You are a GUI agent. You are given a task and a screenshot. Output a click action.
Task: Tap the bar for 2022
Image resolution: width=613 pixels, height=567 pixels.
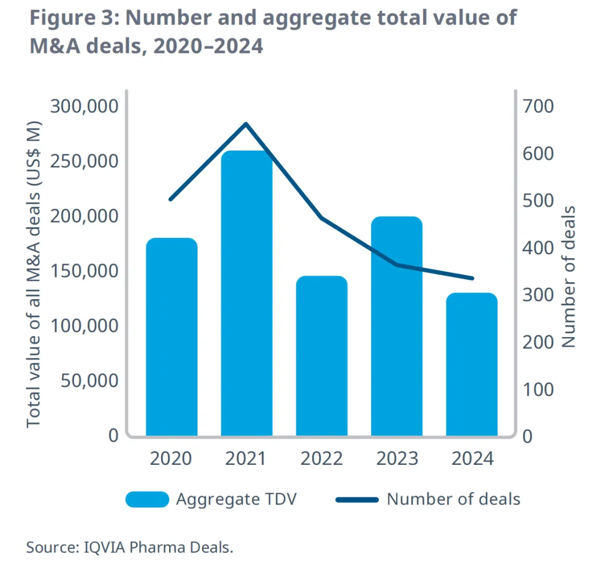click(x=322, y=355)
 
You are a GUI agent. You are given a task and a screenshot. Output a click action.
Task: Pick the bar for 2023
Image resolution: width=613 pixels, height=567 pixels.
click(x=397, y=326)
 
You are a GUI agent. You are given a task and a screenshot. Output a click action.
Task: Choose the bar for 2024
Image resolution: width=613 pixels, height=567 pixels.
click(x=472, y=364)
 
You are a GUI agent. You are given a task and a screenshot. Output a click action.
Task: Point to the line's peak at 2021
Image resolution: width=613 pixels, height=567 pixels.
click(x=246, y=124)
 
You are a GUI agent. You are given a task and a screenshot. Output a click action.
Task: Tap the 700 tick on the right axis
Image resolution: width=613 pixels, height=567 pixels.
click(x=539, y=106)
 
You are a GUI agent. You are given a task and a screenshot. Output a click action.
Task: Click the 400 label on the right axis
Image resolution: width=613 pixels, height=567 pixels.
click(x=539, y=248)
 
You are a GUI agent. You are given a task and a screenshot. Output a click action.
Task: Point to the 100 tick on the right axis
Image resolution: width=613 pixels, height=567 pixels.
click(x=539, y=390)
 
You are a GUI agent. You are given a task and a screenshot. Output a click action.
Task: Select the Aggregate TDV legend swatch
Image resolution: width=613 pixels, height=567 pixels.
click(x=147, y=499)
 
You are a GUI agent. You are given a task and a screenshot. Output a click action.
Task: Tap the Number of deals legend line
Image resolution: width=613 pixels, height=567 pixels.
click(x=357, y=499)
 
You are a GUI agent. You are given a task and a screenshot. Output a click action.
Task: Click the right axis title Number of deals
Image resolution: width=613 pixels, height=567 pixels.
click(x=568, y=277)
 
